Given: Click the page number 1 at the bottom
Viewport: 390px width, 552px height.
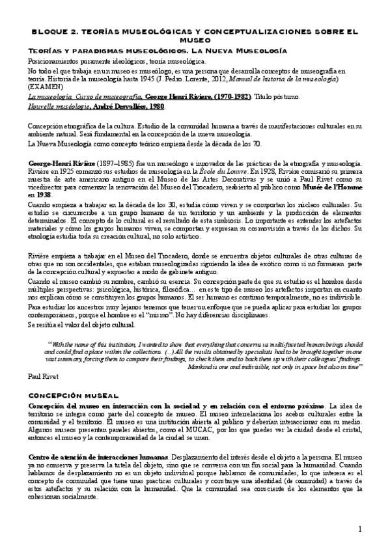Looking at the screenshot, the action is click(359, 529).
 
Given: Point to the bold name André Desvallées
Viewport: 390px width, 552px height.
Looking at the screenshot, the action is click(117, 105).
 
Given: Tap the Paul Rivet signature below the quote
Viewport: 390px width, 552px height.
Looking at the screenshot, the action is click(44, 377).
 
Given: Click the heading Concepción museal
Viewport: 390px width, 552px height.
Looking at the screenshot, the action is click(74, 395).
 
